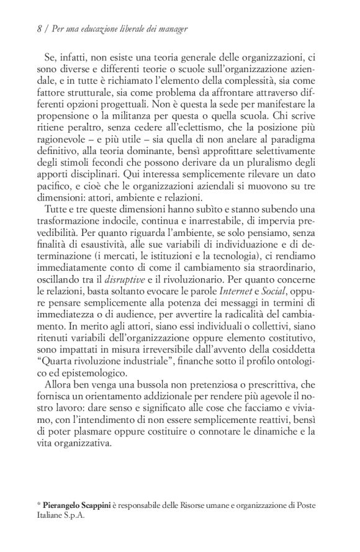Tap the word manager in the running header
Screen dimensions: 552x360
(171, 29)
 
